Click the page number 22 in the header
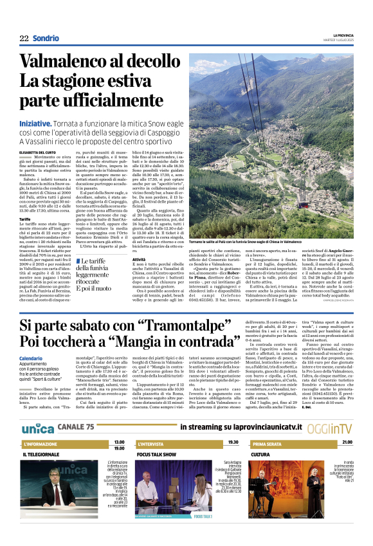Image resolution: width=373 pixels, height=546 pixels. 24,38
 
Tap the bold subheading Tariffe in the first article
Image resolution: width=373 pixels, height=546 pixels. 26,218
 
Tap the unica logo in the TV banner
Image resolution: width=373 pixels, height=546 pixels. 37,427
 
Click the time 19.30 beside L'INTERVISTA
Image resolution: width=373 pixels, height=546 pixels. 233,442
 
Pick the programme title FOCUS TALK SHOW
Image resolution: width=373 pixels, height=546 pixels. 158,454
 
